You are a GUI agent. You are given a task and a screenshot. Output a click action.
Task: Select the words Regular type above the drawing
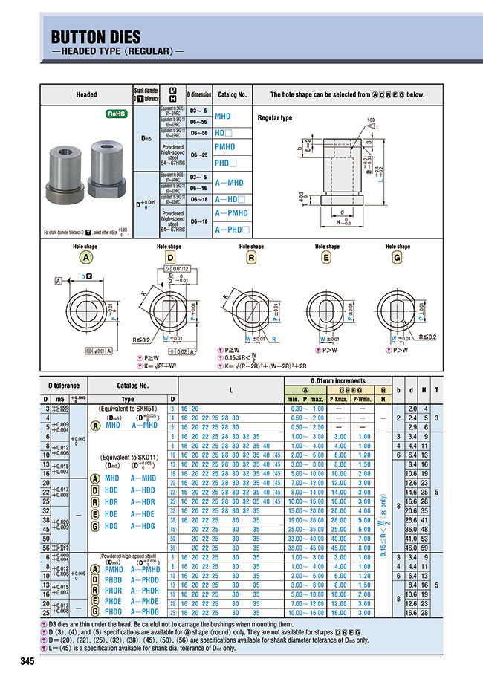(275, 118)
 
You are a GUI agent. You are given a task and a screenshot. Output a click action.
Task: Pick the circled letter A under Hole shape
(87, 257)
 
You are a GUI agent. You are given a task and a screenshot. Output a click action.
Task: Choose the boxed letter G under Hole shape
(397, 257)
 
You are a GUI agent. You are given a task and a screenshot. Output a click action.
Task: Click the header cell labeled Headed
(86, 95)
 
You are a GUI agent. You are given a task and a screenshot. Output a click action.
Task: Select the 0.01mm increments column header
(340, 381)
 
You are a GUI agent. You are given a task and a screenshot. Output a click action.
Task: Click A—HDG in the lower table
(143, 525)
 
